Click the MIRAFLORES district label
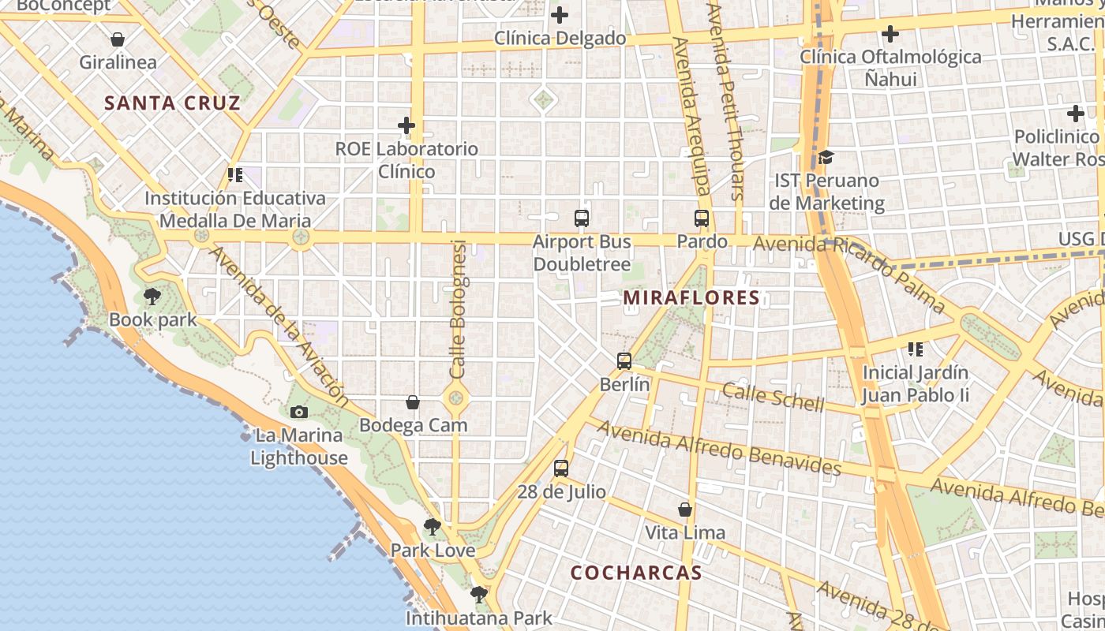coord(691,298)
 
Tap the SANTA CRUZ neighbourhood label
coord(172,103)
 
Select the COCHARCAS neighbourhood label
coord(636,573)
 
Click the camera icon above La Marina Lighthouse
coord(299,412)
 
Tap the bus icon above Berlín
coord(624,361)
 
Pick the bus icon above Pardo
coord(702,218)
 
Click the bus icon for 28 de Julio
coord(561,468)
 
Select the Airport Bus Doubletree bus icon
coord(582,218)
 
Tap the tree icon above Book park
coord(152,297)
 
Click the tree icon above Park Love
coord(432,527)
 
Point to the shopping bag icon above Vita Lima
coord(685,510)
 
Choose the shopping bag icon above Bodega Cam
coord(413,402)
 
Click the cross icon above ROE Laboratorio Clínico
coord(406,125)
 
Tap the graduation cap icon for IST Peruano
coord(826,157)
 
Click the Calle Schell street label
coord(773,397)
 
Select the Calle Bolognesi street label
coord(458,308)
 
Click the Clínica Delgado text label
coord(560,38)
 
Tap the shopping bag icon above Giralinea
coord(118,39)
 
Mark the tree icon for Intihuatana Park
coord(478,594)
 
